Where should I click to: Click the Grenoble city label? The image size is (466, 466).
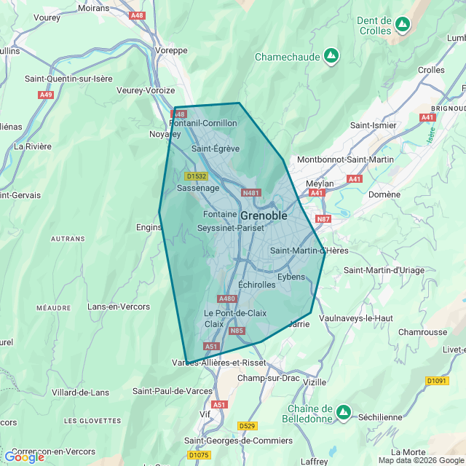point(264,216)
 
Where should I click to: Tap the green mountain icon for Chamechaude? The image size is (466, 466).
point(331,56)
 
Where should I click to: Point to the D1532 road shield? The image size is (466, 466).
point(196,176)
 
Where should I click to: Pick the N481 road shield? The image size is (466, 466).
point(250,193)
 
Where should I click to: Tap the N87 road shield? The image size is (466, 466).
point(323,218)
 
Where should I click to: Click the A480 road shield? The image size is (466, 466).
point(227,299)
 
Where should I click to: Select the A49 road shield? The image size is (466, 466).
point(47,95)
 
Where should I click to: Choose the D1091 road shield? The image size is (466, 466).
point(437,381)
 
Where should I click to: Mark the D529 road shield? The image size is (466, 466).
point(247,426)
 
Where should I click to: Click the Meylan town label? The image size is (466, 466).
point(319,183)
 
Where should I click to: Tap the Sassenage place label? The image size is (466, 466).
point(198,188)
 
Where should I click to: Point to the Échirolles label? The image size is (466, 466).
point(256,285)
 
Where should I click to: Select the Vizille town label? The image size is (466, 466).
point(315,382)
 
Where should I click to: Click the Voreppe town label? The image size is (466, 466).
point(173,50)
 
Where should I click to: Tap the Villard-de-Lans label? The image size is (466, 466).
point(80,392)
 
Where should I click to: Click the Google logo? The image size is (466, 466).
point(24,457)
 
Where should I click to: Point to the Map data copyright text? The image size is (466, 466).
point(421,460)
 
